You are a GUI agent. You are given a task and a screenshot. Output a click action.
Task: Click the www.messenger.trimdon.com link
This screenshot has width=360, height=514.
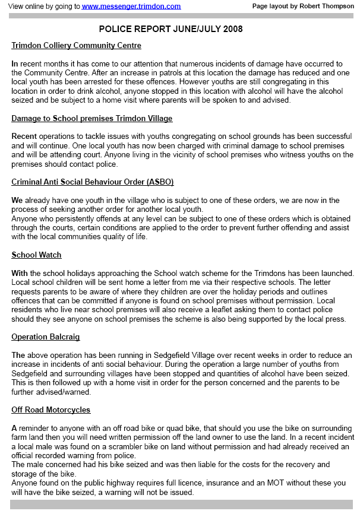point(131,6)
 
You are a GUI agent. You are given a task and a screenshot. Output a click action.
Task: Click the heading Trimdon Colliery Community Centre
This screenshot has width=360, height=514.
point(76,46)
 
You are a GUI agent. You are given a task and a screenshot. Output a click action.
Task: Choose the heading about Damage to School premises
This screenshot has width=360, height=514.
point(91,119)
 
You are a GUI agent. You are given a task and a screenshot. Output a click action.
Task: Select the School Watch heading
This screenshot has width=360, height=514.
point(36,255)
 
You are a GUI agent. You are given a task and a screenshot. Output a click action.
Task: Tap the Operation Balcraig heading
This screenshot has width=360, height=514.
point(46,337)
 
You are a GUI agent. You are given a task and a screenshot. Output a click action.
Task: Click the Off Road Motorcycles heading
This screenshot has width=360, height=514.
point(50,410)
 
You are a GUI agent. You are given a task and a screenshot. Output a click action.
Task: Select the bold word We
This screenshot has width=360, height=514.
point(17,200)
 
